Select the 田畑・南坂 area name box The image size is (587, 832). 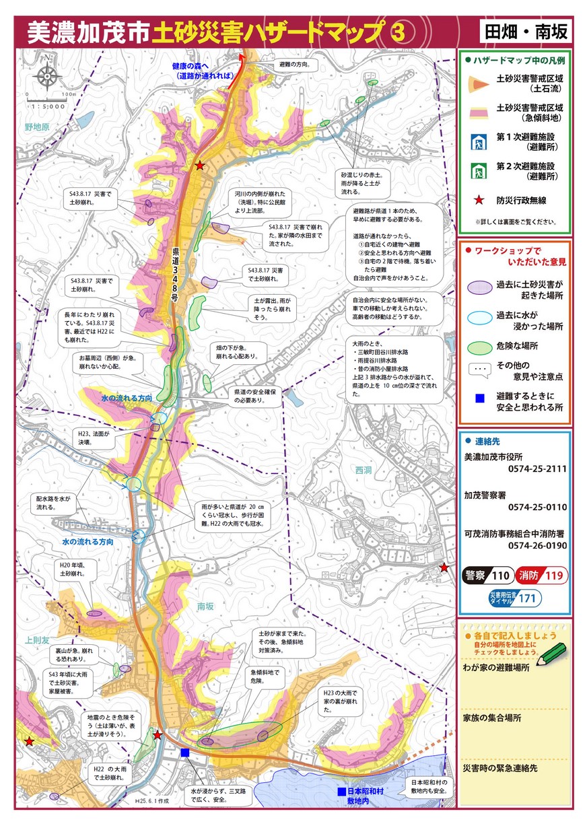click(x=526, y=31)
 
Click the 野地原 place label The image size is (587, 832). click(x=38, y=127)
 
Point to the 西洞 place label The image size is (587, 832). click(x=364, y=470)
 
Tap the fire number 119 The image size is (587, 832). click(x=553, y=576)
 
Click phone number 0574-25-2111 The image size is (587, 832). click(x=537, y=469)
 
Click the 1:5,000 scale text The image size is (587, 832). click(x=47, y=106)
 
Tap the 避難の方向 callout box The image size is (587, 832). click(x=294, y=65)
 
